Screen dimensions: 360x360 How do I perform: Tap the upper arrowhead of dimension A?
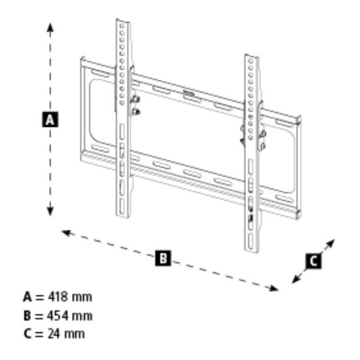[x=50, y=24]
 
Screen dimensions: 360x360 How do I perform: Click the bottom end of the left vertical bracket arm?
[x=123, y=217]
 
